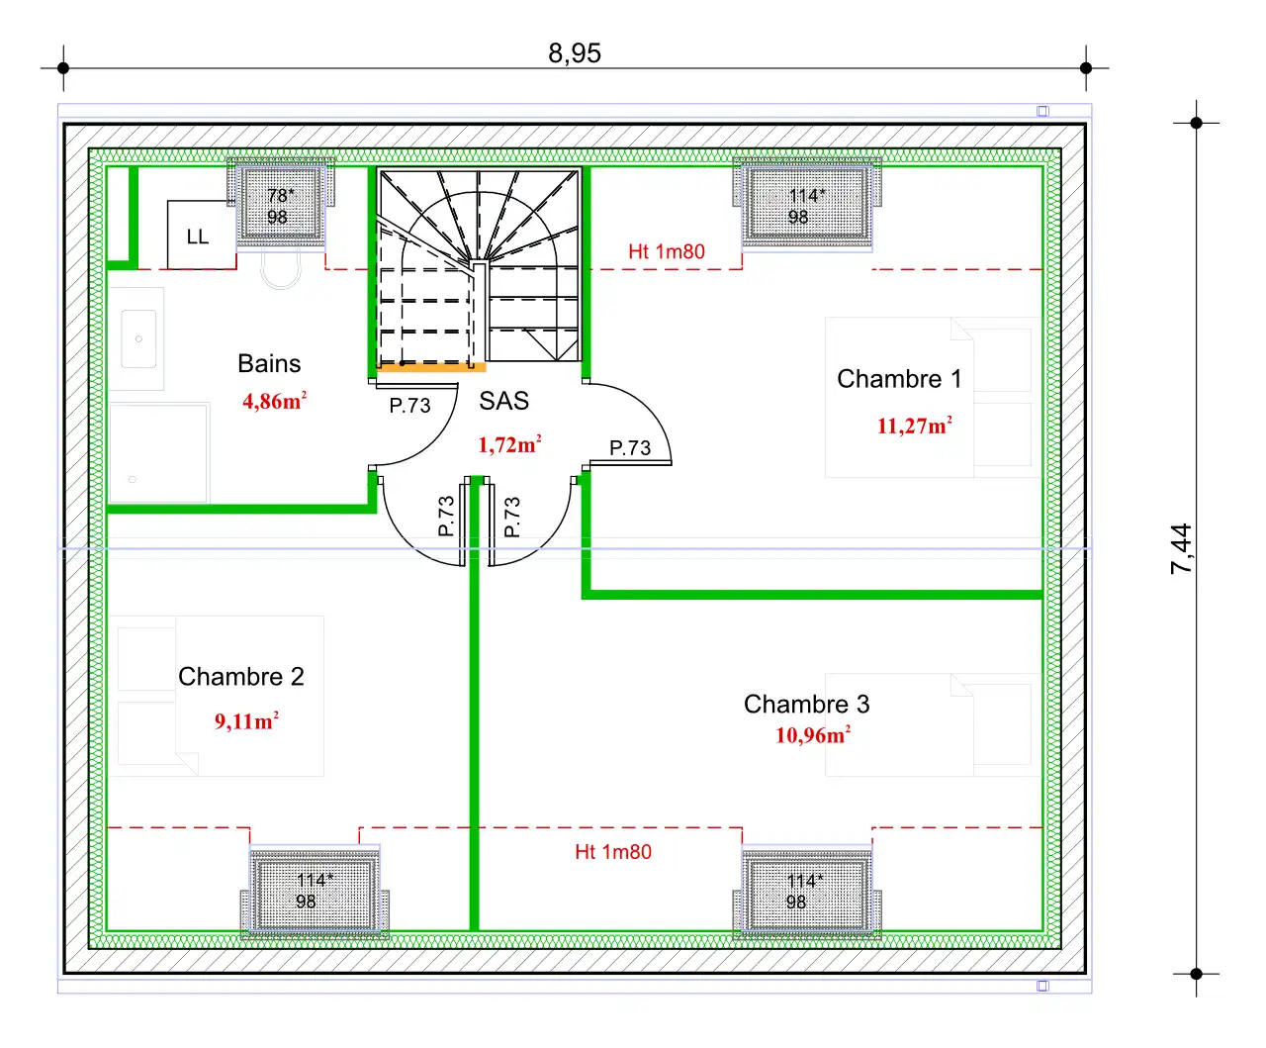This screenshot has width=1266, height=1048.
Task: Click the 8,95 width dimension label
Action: click(575, 53)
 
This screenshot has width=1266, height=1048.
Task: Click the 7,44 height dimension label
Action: click(1181, 548)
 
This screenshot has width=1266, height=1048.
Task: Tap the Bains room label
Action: click(269, 363)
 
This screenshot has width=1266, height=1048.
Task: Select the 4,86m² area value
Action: click(275, 401)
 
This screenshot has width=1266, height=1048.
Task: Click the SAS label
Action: click(503, 401)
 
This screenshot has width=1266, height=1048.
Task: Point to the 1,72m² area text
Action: click(509, 444)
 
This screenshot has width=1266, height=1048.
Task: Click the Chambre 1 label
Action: click(899, 379)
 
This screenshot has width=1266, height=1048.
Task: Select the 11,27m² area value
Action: click(914, 426)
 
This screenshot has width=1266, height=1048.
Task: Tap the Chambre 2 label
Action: click(240, 676)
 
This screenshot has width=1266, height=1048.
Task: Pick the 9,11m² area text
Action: click(246, 720)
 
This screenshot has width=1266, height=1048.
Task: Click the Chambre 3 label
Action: click(806, 704)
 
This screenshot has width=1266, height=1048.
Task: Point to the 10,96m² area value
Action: click(812, 735)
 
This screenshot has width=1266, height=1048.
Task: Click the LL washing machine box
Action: click(202, 235)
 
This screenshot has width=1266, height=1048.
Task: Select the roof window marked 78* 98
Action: click(281, 204)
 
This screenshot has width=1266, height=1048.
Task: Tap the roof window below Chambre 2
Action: click(315, 892)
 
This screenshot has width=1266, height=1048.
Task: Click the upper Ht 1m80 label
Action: click(667, 251)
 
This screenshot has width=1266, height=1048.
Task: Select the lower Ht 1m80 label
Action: click(613, 851)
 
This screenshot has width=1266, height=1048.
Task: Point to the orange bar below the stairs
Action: click(431, 367)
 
